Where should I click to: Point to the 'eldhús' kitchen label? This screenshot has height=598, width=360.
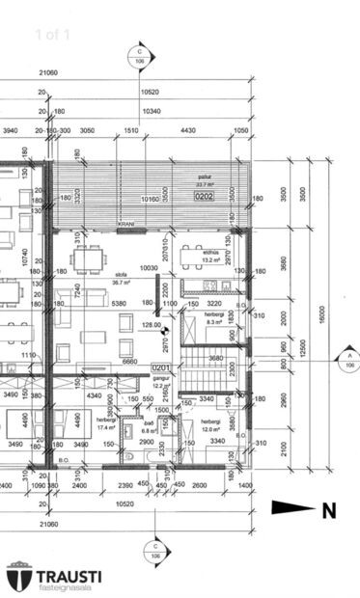coord(210,253)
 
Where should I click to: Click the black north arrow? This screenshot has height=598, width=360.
coord(292,508)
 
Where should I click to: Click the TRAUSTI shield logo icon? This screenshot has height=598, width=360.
coord(19,576)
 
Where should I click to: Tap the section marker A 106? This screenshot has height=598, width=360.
coord(346,360)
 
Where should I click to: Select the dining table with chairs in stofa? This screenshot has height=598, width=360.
coord(89,258)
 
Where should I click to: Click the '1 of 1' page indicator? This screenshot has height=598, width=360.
coord(52,35)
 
